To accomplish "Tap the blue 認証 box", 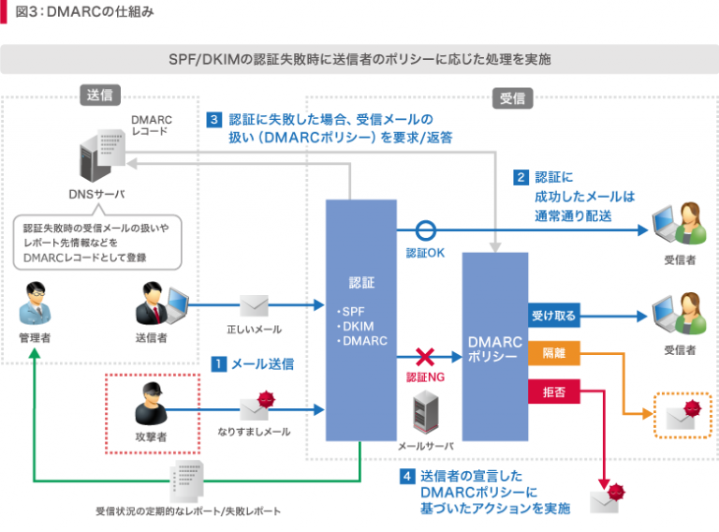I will coord(360,318).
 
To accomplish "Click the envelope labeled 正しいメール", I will coord(254,305).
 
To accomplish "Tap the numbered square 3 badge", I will coord(214,120).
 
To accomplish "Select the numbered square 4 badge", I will coord(407,476).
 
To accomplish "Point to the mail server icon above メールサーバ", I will coord(426,412).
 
